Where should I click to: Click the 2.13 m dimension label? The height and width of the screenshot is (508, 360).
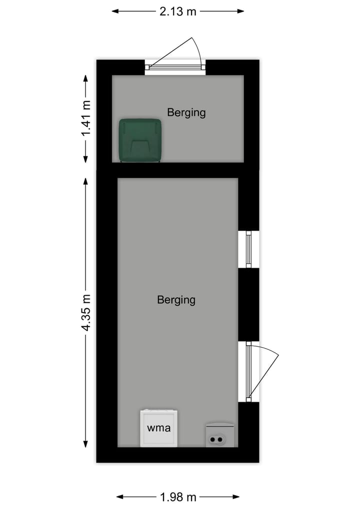point(178,11)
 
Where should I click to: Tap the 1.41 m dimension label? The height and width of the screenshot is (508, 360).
point(86,119)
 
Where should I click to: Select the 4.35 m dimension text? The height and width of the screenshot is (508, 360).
point(86,313)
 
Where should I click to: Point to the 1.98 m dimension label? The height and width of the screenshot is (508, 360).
point(178,497)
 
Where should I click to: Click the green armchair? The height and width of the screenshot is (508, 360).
point(140,141)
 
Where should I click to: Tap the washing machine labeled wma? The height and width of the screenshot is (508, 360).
point(158,428)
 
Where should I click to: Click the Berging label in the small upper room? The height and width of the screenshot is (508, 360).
point(186,112)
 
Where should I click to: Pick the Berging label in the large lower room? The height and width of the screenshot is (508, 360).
point(176,300)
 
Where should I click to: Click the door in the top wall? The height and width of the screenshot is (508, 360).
point(175,66)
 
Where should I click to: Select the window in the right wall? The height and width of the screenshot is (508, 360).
point(248,249)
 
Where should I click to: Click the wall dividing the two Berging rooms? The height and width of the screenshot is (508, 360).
point(177,170)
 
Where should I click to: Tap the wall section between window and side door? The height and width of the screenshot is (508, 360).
point(248,305)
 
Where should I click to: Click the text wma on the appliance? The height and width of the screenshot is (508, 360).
point(158,428)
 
